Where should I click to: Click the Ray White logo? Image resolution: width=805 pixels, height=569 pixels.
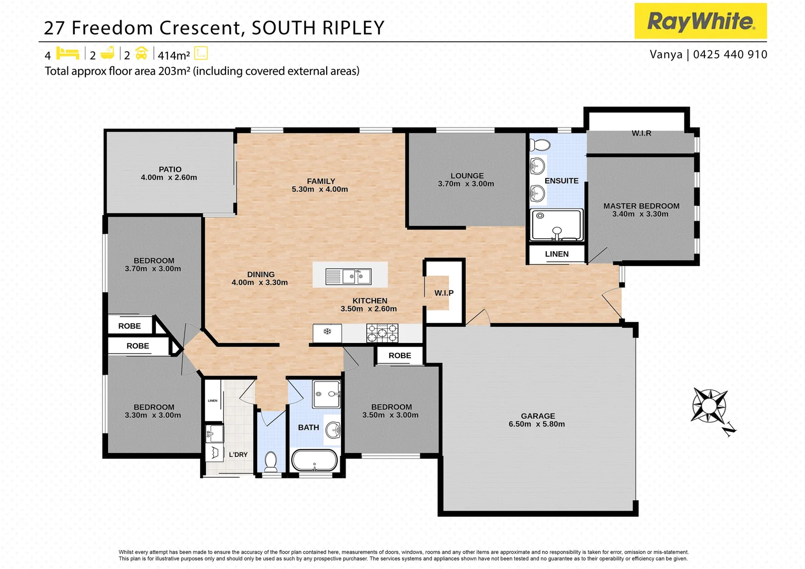(700, 21)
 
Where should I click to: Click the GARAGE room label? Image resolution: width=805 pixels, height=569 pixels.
(537, 416)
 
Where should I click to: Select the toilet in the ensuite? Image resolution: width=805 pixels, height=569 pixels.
(540, 144)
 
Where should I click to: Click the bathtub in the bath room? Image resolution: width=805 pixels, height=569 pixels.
(315, 460)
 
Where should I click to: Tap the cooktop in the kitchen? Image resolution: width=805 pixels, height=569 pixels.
(382, 333)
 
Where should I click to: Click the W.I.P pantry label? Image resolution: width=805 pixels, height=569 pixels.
(444, 293)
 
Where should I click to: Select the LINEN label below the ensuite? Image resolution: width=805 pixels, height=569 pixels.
(556, 254)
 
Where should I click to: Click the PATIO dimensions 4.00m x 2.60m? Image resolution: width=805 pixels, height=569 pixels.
(169, 178)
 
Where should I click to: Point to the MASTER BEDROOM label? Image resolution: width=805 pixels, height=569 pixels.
(641, 206)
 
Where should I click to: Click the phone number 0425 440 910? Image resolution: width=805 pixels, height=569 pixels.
(730, 54)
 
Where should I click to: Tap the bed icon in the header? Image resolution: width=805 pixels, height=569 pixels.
(67, 54)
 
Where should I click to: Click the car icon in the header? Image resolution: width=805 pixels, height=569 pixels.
(141, 54)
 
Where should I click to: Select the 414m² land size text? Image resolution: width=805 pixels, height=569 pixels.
(174, 55)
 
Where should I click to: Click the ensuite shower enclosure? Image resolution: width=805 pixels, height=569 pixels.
(556, 225)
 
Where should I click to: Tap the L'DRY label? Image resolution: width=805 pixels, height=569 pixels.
(238, 455)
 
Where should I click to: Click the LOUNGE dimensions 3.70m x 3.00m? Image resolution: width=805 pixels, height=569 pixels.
(466, 184)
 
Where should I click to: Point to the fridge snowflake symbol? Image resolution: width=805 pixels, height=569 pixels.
(327, 331)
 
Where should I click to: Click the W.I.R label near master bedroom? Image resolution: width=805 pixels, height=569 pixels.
(641, 133)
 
